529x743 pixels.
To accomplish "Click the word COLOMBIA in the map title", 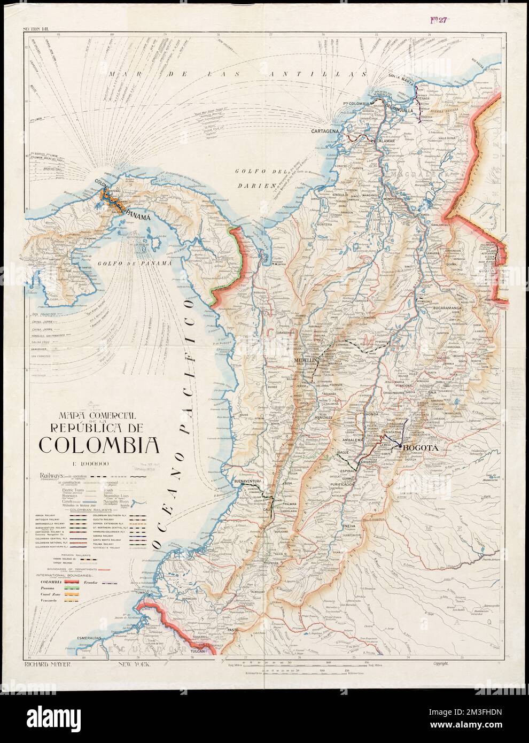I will pyautogui.click(x=97, y=444).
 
